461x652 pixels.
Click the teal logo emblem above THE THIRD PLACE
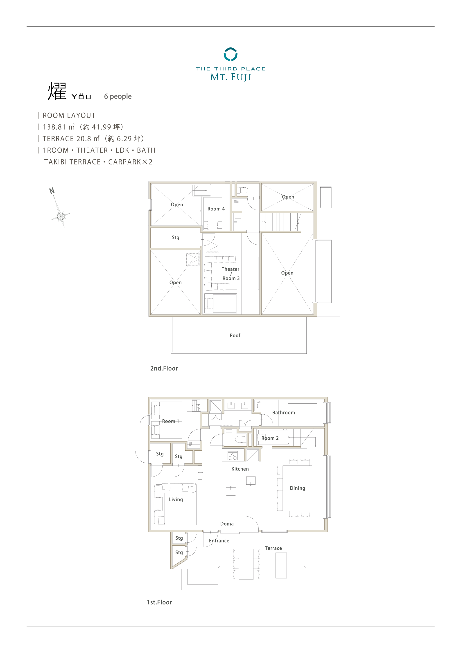[x=230, y=54]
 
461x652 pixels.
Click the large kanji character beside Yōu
[x=57, y=91]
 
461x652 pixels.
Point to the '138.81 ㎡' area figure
[x=59, y=127]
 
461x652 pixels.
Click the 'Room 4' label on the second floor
[x=216, y=209]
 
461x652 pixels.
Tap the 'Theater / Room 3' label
[x=231, y=273]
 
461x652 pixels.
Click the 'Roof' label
[x=235, y=335]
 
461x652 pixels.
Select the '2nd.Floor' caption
[x=164, y=368]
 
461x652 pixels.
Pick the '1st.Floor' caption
[x=159, y=602]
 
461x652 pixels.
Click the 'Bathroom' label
[x=283, y=413]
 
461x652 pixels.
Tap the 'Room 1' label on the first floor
[x=170, y=421]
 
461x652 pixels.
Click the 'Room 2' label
[x=270, y=438]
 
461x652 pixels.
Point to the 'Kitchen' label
[x=240, y=469]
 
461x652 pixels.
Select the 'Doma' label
[x=227, y=524]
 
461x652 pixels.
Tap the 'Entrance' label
[x=219, y=541]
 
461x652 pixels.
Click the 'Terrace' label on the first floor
[x=273, y=548]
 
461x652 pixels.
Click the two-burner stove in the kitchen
[x=233, y=456]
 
